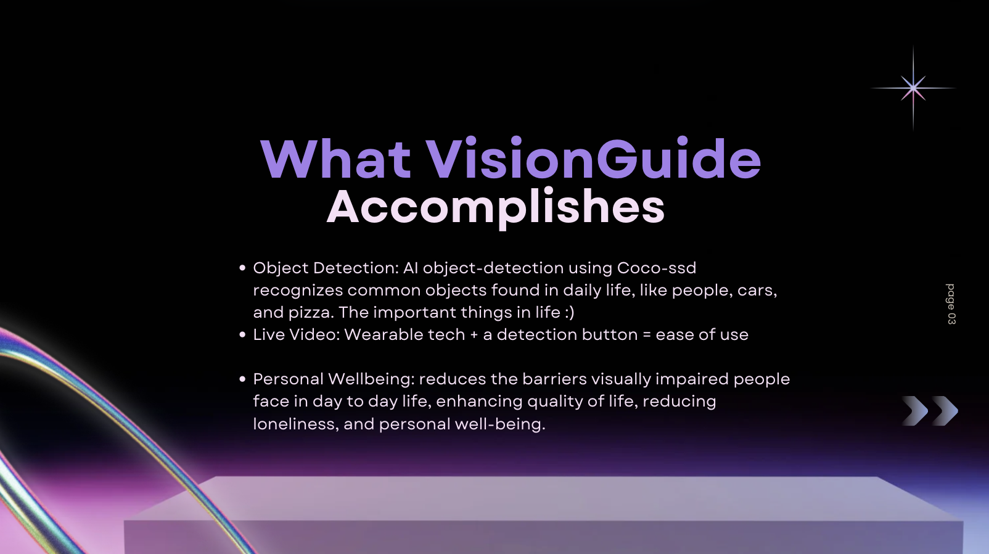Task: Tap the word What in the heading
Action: [x=335, y=159]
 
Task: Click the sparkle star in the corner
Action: [x=913, y=88]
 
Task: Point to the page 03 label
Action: [x=951, y=304]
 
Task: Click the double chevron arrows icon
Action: [x=930, y=411]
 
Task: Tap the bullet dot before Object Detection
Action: [x=242, y=268]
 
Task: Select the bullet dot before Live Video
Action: [x=242, y=335]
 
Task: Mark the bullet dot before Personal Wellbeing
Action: [x=242, y=379]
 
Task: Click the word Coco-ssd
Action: [x=656, y=268]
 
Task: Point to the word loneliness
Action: [x=296, y=424]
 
